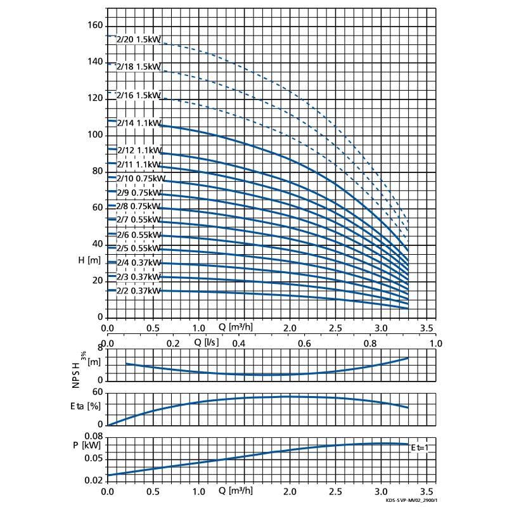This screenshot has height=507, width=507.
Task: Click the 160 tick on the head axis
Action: pyautogui.click(x=94, y=26)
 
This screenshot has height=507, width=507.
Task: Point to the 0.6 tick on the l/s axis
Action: pyautogui.click(x=304, y=343)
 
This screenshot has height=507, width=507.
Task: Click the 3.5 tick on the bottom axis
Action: pyautogui.click(x=427, y=491)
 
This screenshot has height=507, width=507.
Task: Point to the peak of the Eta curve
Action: pyautogui.click(x=290, y=396)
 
